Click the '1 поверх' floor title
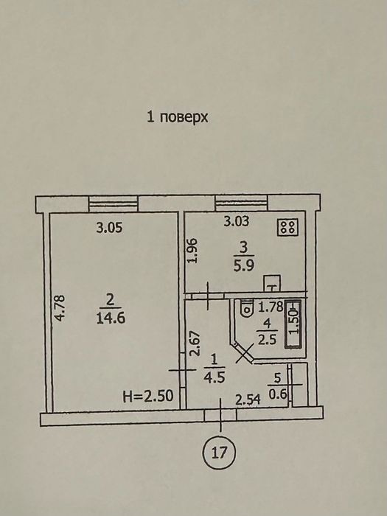(x=177, y=116)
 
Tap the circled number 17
(x=220, y=453)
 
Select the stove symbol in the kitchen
(x=287, y=227)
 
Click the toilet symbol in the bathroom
(x=245, y=308)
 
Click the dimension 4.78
(x=60, y=308)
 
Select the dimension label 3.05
(x=109, y=228)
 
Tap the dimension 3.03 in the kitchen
(x=237, y=221)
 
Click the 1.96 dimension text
(x=192, y=251)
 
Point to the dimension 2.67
(x=196, y=344)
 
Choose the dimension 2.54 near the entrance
(x=248, y=400)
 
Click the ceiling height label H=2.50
(x=148, y=397)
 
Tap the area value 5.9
(x=243, y=265)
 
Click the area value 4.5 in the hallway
(x=215, y=377)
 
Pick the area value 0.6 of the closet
(x=278, y=394)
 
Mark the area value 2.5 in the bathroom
(x=267, y=339)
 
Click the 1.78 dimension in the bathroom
(x=271, y=307)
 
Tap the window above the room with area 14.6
(x=114, y=203)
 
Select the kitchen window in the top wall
(x=241, y=203)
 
